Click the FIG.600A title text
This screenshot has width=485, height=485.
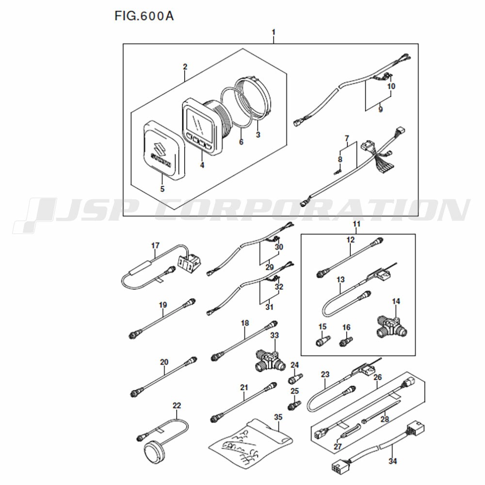tap(144, 16)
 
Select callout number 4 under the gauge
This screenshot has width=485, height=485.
tap(202, 165)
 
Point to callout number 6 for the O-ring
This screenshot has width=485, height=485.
tap(241, 142)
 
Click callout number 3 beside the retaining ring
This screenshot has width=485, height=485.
tap(258, 134)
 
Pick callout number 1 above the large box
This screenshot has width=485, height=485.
tap(274, 32)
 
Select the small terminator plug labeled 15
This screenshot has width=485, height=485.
tap(323, 341)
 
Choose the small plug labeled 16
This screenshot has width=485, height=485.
tap(346, 341)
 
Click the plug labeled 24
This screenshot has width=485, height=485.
tap(296, 378)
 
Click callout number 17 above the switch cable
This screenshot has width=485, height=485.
tap(155, 245)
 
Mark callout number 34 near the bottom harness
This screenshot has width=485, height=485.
tap(392, 461)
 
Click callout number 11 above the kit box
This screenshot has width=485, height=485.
tap(356, 223)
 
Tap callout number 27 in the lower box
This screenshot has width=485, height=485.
tap(338, 446)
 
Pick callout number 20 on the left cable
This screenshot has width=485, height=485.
tap(164, 362)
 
